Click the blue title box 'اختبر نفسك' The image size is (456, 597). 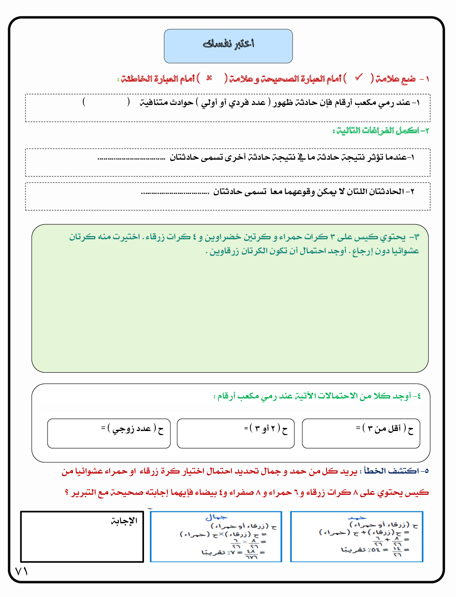[228, 46]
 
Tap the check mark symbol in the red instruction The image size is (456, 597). [359, 78]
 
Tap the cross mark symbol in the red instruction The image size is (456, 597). [209, 78]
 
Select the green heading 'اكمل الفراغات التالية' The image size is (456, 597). [380, 131]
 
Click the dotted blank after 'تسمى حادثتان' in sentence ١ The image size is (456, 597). [131, 158]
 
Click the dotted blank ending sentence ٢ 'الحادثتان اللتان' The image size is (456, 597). [175, 193]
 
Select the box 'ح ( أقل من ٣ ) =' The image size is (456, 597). [361, 433]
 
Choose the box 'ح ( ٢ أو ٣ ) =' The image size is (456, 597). [235, 433]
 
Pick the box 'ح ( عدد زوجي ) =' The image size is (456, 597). [109, 433]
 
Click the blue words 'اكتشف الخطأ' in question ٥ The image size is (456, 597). [391, 471]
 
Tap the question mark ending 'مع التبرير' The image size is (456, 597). [67, 492]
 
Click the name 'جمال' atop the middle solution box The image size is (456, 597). [216, 517]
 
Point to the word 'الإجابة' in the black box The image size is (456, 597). [124, 521]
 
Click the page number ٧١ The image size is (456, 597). [21, 571]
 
